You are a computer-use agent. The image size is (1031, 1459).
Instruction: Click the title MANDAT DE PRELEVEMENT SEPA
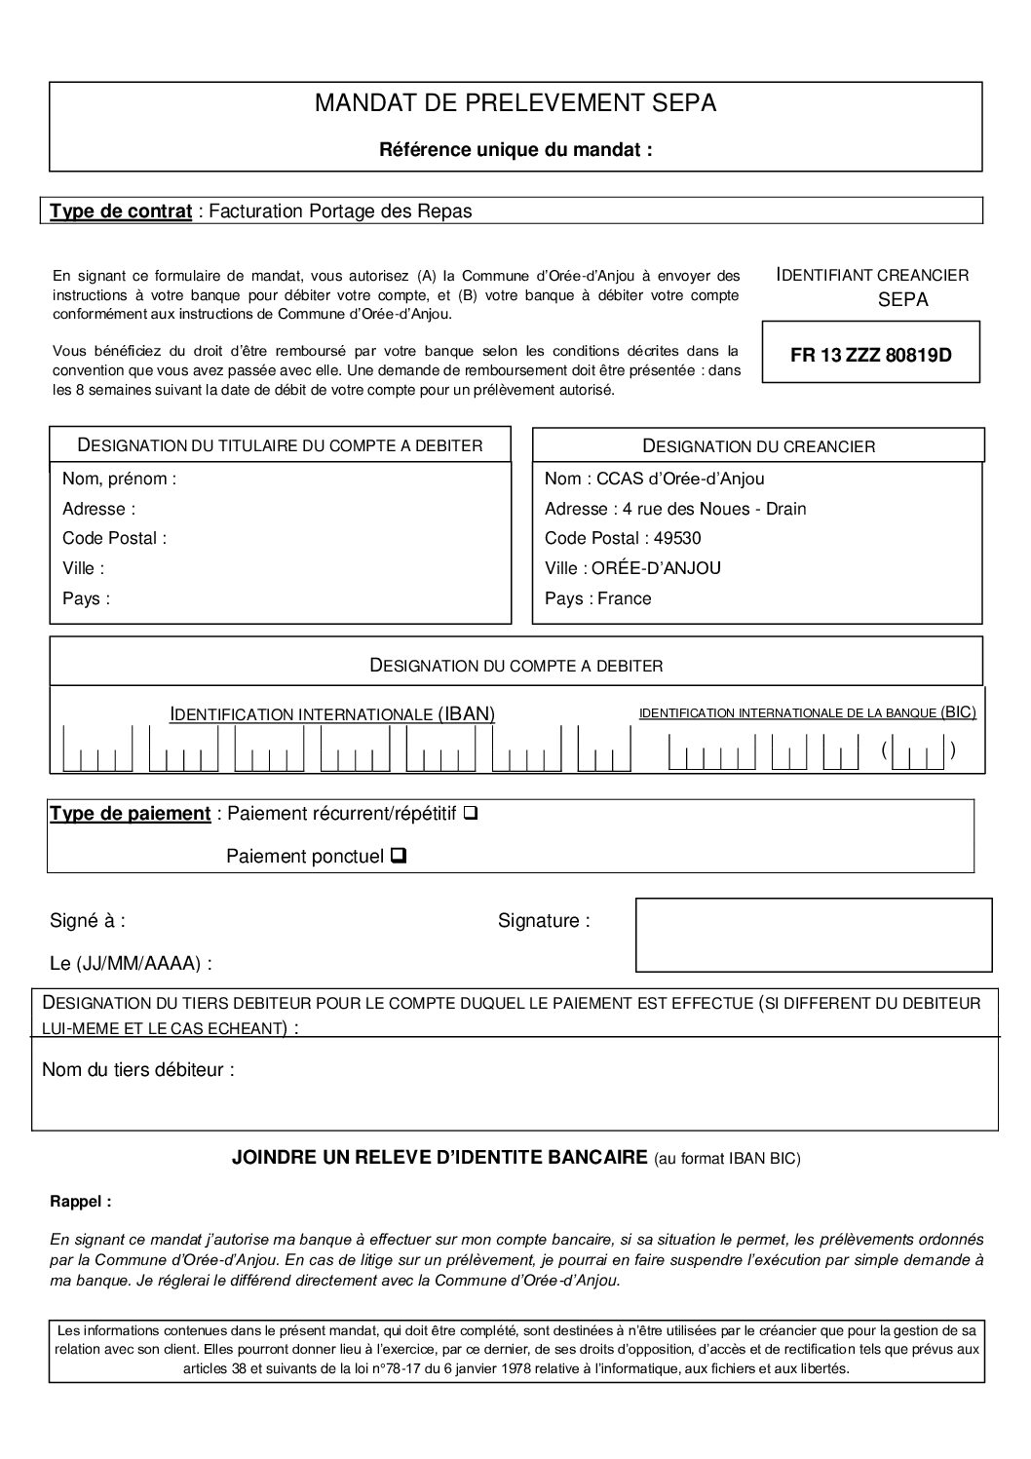(x=515, y=103)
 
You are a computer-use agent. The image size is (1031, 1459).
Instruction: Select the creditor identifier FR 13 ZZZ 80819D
(x=870, y=356)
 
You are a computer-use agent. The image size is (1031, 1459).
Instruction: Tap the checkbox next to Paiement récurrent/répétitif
(x=471, y=812)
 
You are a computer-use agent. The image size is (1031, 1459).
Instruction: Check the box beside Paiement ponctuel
(x=398, y=856)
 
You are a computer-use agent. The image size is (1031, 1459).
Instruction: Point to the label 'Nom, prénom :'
(x=119, y=479)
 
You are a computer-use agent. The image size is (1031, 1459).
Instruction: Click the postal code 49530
(x=677, y=538)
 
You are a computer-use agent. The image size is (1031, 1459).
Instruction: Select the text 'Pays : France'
(x=597, y=598)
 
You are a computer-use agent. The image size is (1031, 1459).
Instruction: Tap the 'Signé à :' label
(x=88, y=920)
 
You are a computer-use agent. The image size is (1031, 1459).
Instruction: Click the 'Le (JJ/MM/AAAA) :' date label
(x=131, y=964)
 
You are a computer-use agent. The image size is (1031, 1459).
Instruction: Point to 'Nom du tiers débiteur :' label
(x=138, y=1070)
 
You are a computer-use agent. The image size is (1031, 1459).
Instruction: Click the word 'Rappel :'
(x=80, y=1202)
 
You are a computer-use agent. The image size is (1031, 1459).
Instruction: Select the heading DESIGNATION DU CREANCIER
(x=758, y=446)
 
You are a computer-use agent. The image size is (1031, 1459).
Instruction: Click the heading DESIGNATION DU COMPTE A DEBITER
(x=515, y=666)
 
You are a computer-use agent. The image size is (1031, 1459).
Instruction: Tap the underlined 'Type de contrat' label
(x=121, y=211)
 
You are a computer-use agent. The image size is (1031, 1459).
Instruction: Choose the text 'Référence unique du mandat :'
(x=515, y=150)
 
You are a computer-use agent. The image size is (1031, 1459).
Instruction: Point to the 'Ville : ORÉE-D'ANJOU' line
(x=632, y=568)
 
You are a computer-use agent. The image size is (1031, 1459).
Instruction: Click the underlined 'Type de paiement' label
(x=131, y=813)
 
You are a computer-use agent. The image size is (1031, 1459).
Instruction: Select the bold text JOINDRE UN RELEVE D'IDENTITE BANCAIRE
(x=439, y=1157)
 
